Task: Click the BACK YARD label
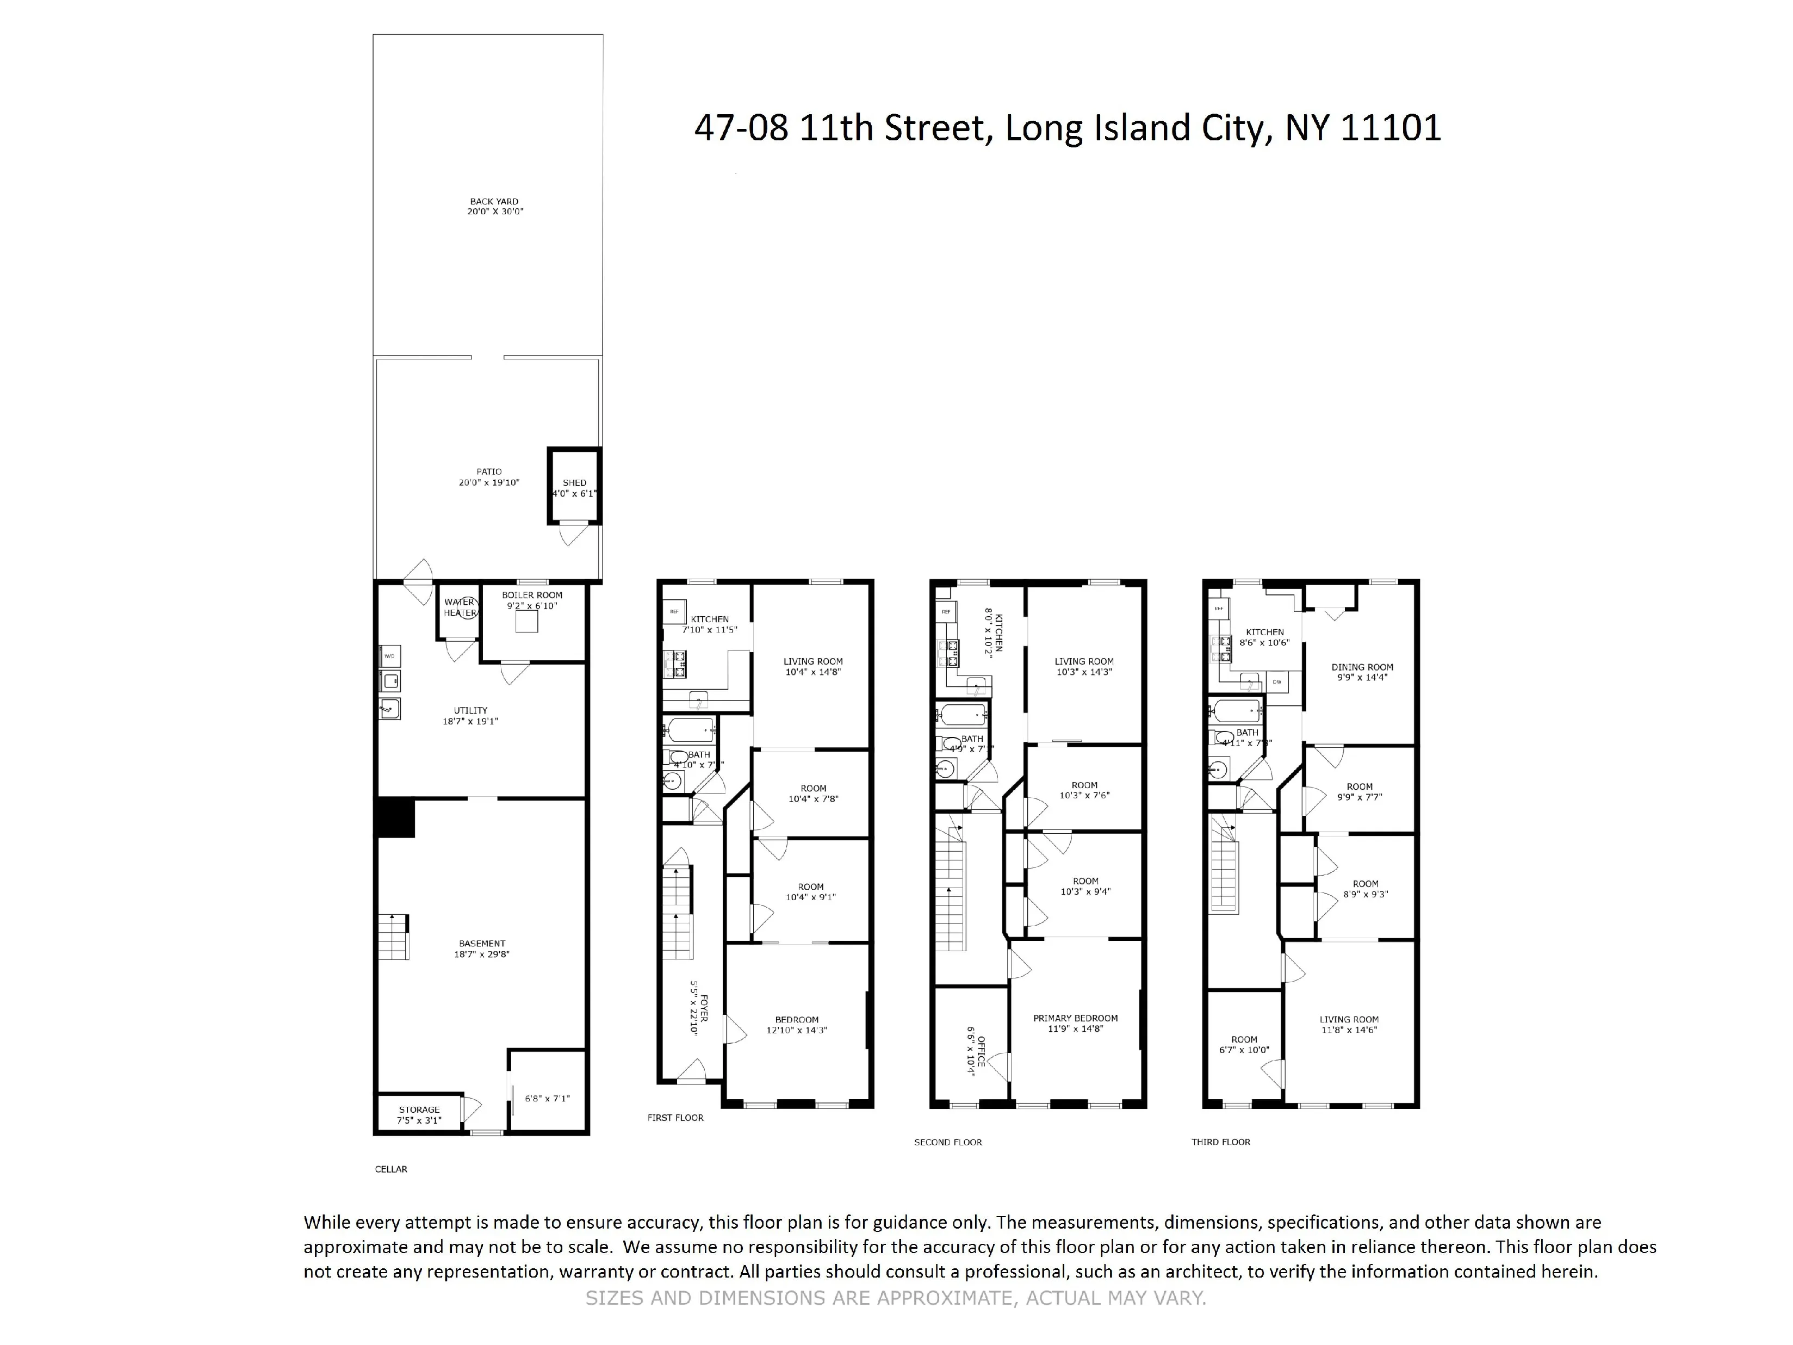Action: (x=494, y=202)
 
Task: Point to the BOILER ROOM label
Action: (x=532, y=595)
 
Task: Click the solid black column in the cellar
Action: (x=395, y=817)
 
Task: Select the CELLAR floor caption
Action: (x=390, y=1169)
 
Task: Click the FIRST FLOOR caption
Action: (x=675, y=1117)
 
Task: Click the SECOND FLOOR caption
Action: (x=947, y=1142)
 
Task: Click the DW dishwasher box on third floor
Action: (x=1277, y=682)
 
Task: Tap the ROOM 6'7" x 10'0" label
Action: (x=1244, y=1044)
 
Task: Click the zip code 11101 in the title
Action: (x=1391, y=128)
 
